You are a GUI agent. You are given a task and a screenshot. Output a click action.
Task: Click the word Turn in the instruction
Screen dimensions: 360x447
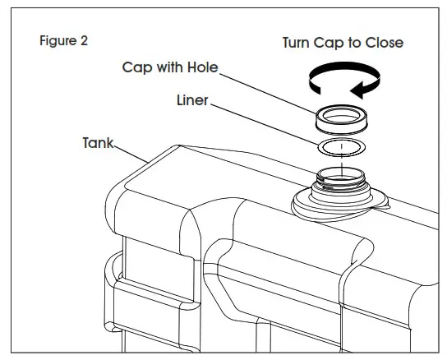[298, 42]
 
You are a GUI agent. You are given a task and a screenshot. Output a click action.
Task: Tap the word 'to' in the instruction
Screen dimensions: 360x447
[357, 42]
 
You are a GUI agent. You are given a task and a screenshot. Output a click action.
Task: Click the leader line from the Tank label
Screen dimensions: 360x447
[133, 153]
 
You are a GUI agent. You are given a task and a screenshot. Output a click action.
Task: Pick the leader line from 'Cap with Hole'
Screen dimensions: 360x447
[271, 90]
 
